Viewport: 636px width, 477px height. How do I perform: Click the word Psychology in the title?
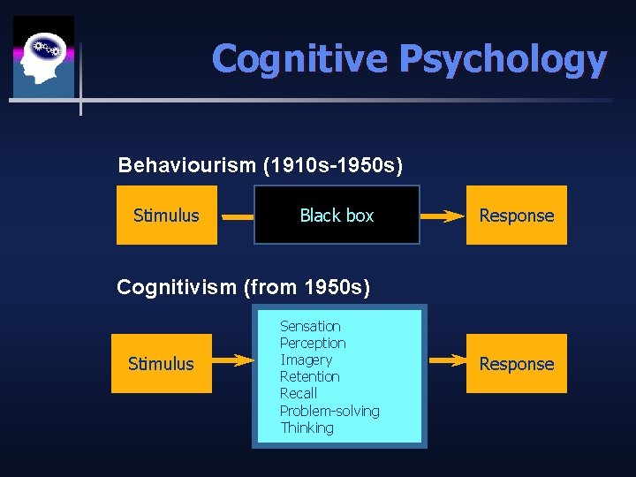click(503, 60)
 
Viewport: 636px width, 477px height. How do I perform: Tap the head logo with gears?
click(43, 57)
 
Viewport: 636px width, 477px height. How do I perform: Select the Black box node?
click(337, 215)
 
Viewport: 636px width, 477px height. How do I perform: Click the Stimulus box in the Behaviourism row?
click(167, 215)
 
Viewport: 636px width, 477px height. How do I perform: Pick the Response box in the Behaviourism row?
click(516, 215)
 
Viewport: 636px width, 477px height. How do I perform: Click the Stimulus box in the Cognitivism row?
click(162, 363)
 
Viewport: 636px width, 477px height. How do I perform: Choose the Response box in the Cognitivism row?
click(516, 363)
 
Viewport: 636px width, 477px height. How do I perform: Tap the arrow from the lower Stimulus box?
click(233, 360)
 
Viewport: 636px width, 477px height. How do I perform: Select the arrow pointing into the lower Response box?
click(447, 360)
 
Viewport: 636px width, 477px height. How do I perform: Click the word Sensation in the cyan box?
click(310, 326)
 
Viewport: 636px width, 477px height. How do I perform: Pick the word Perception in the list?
click(313, 343)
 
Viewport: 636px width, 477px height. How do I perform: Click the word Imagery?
click(306, 360)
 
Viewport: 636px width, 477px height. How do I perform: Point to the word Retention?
click(309, 376)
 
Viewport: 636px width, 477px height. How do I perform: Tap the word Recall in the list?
click(299, 393)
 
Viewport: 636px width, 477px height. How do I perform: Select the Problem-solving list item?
click(329, 411)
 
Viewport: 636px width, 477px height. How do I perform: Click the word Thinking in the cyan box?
click(307, 428)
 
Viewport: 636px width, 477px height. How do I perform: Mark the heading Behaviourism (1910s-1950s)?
click(261, 165)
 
